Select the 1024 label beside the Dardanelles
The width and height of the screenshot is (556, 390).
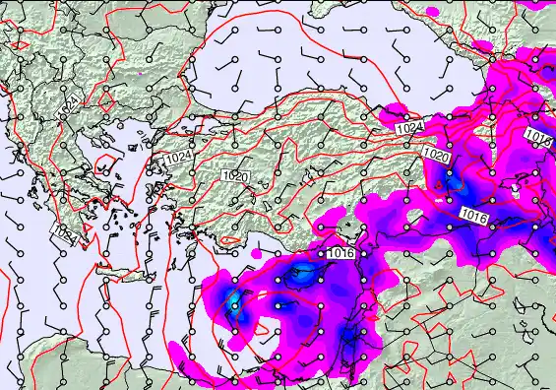pyautogui.click(x=177, y=158)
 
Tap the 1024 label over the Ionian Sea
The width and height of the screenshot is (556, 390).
pyautogui.click(x=63, y=233)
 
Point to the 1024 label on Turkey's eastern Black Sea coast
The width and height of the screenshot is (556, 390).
pyautogui.click(x=410, y=128)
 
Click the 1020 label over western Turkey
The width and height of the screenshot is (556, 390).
pyautogui.click(x=234, y=176)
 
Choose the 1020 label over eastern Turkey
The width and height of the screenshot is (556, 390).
pyautogui.click(x=437, y=157)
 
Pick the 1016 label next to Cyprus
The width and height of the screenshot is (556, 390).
pyautogui.click(x=340, y=253)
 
